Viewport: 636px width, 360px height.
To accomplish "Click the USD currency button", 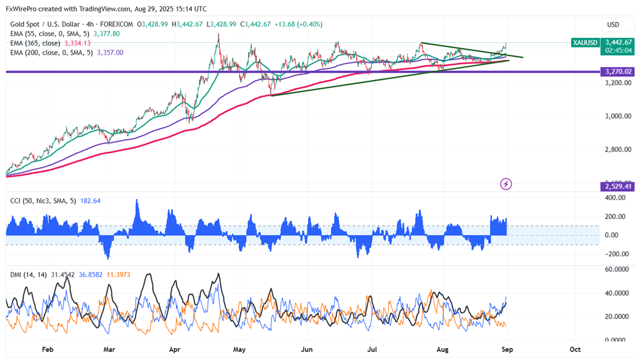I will tap(613, 25).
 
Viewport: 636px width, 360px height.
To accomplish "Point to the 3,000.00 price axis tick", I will tap(612, 116).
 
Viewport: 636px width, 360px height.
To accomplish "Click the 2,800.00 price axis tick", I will tap(612, 150).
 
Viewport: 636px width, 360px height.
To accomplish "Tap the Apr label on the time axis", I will tap(174, 349).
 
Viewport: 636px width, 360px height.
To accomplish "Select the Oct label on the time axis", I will tap(575, 349).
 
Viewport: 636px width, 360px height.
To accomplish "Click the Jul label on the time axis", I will tap(372, 349).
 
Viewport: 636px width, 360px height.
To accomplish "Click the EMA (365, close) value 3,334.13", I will tap(77, 43).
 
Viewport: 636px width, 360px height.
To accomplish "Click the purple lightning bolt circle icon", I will tap(506, 184).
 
